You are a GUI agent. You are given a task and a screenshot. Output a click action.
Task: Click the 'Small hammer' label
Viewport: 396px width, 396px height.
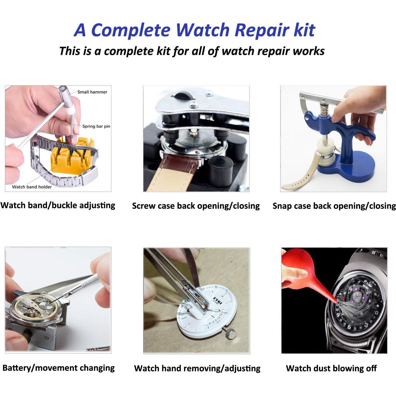click(x=92, y=92)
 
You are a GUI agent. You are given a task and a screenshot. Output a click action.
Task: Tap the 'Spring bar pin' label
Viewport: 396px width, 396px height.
click(x=96, y=126)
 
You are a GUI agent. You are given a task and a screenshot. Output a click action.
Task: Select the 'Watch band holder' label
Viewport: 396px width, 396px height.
click(x=32, y=187)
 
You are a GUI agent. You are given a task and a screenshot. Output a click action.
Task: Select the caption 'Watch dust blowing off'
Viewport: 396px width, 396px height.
click(x=331, y=368)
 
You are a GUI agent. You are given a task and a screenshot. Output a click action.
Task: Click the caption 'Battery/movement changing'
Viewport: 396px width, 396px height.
click(x=59, y=368)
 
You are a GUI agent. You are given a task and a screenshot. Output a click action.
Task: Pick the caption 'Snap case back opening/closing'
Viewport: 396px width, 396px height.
click(x=334, y=206)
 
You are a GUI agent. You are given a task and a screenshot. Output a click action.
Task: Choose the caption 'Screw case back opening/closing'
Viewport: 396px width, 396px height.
click(x=196, y=206)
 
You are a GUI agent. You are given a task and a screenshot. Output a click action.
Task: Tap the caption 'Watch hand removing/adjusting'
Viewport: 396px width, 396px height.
click(x=197, y=368)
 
